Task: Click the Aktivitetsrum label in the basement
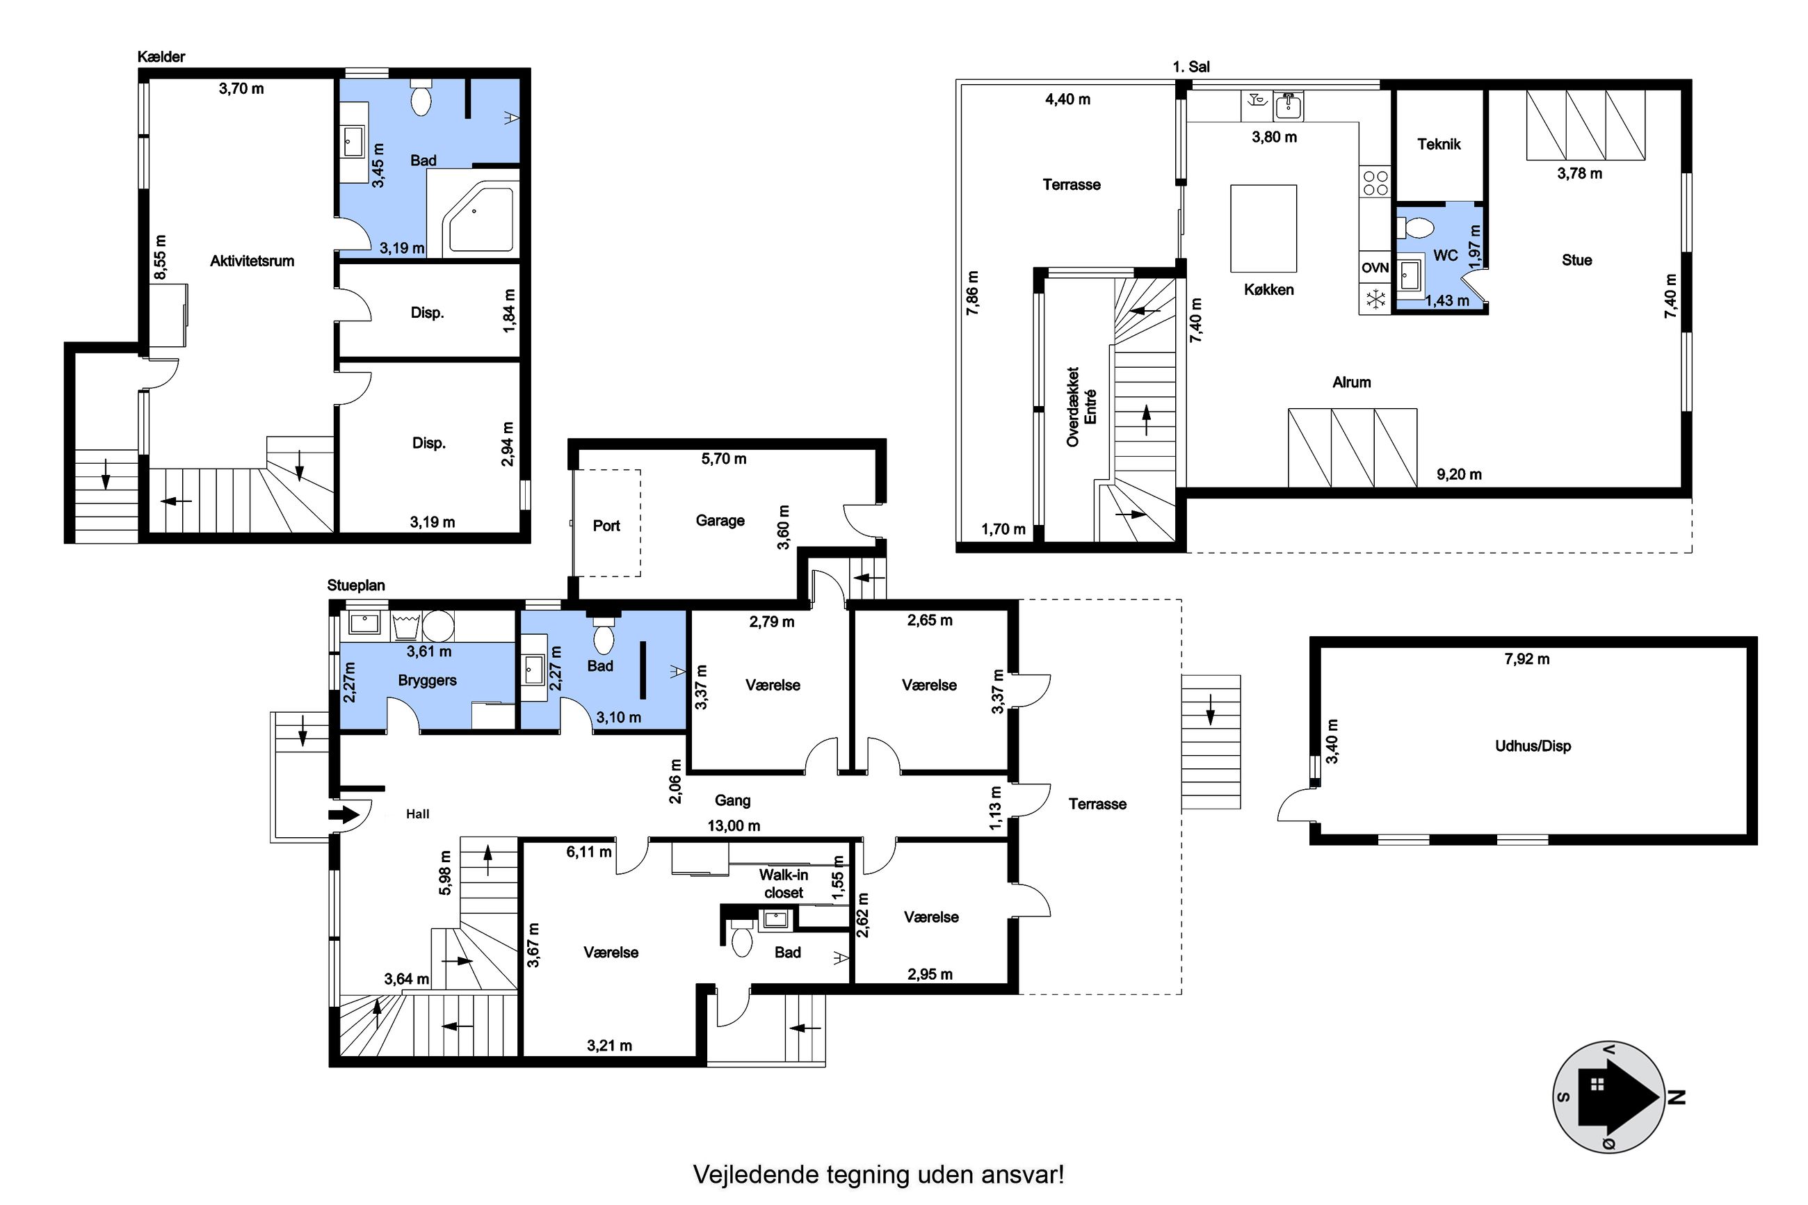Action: (252, 261)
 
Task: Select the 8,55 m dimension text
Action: (160, 259)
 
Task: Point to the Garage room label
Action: (720, 520)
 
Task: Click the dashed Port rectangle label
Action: (606, 526)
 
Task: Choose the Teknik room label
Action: (1439, 144)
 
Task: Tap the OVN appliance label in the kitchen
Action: (1375, 268)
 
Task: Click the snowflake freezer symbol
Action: (1375, 298)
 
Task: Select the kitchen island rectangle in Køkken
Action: (1264, 228)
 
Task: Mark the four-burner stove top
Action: (1375, 183)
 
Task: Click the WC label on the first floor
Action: (1445, 255)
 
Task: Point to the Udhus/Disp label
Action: (1532, 745)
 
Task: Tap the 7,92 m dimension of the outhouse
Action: (1527, 658)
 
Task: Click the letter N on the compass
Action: (1677, 1097)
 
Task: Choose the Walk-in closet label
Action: (784, 883)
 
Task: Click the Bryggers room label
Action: (427, 680)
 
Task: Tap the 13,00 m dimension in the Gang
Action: (734, 825)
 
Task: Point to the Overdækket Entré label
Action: (1081, 407)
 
